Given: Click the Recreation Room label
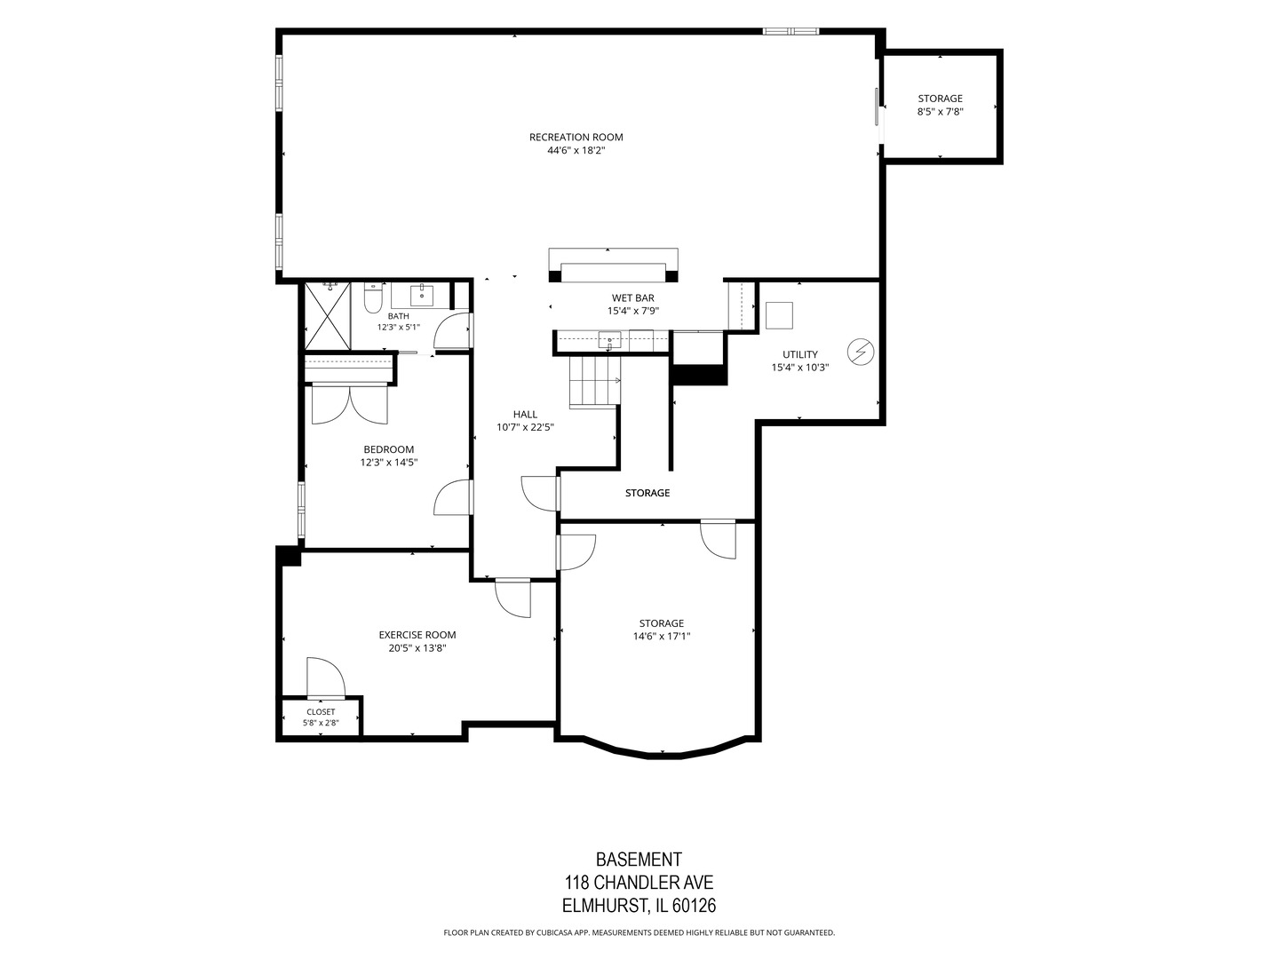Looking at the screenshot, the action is (x=576, y=138).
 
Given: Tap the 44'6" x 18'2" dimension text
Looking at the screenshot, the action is (x=576, y=150).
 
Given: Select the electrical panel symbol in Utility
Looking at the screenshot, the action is (x=861, y=352).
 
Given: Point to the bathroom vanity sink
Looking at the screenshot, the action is (x=420, y=295).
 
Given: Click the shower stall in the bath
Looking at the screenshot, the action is (x=327, y=316).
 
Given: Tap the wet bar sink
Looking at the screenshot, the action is (x=609, y=339).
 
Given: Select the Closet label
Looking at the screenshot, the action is (x=321, y=712).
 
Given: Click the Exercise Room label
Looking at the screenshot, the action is (x=417, y=635).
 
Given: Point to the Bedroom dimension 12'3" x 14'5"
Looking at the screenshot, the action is (x=389, y=463).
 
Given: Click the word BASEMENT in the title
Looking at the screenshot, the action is (x=639, y=860).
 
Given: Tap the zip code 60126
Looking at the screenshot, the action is (x=694, y=906).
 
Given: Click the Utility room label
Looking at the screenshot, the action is (x=800, y=354).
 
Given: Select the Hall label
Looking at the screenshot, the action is (x=525, y=415).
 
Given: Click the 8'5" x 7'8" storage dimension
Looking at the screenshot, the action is (x=940, y=111).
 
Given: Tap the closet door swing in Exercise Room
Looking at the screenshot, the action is (x=326, y=678).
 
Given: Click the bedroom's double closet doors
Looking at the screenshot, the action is (x=349, y=405).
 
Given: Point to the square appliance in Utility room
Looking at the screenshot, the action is (x=779, y=315).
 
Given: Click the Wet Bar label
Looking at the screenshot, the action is (x=632, y=298).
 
